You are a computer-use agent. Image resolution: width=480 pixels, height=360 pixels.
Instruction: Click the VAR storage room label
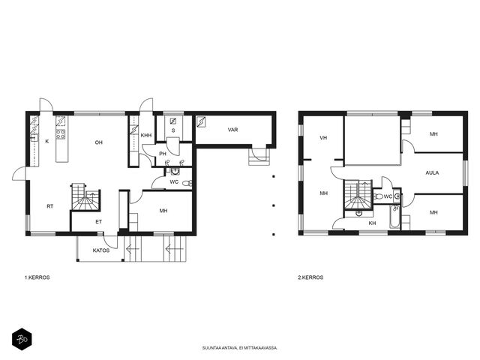pyautogui.click(x=233, y=130)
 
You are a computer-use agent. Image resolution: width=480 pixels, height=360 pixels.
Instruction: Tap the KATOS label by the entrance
pyautogui.click(x=101, y=250)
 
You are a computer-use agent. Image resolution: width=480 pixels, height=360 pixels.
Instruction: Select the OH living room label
pyautogui.click(x=98, y=142)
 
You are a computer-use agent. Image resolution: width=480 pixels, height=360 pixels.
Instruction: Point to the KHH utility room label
pyautogui.click(x=146, y=135)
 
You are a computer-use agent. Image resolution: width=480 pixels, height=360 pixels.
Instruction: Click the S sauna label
pyautogui.click(x=173, y=130)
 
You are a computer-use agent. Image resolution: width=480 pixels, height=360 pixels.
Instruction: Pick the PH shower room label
pyautogui.click(x=163, y=154)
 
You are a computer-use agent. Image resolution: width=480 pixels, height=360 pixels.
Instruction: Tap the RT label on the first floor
pyautogui.click(x=50, y=206)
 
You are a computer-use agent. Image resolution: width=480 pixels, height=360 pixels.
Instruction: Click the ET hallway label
pyautogui.click(x=98, y=222)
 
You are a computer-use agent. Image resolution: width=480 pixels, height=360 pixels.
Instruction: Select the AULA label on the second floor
pyautogui.click(x=432, y=172)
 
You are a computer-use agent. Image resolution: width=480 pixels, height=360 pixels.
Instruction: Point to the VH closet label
pyautogui.click(x=323, y=138)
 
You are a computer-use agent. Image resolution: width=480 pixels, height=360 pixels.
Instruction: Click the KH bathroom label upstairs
pyautogui.click(x=372, y=223)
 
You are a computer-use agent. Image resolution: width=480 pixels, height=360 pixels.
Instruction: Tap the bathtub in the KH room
pyautogui.click(x=395, y=217)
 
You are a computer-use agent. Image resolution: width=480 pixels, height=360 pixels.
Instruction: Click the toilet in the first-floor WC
pyautogui.click(x=187, y=183)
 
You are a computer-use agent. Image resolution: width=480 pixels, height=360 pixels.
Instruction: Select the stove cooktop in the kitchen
pyautogui.click(x=61, y=134)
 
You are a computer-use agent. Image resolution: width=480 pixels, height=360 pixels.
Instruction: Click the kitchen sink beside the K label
pyautogui.click(x=34, y=138)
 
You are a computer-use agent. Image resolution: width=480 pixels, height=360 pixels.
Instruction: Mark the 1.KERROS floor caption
pyautogui.click(x=37, y=277)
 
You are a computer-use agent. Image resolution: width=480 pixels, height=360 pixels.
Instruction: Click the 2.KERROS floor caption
pyautogui.click(x=310, y=277)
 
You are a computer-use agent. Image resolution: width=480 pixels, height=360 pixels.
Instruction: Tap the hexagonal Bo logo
pyautogui.click(x=22, y=339)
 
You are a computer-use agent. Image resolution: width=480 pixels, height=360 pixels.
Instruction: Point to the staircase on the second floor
pyautogui.click(x=358, y=195)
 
